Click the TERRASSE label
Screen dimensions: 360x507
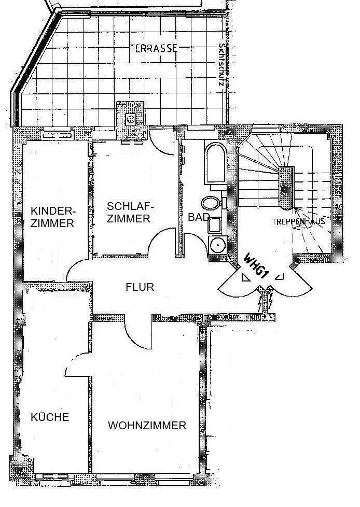[x=154, y=48]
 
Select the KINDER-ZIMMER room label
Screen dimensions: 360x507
[x=53, y=217]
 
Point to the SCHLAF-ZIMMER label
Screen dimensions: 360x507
[x=130, y=212]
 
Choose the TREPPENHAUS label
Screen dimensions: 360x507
[x=298, y=221]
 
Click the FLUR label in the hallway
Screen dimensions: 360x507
[x=140, y=287]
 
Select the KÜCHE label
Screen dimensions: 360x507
[x=50, y=417]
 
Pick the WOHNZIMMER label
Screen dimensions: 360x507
[x=147, y=426]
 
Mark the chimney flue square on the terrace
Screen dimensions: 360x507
[x=131, y=119]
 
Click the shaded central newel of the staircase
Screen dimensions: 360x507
[x=286, y=188]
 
